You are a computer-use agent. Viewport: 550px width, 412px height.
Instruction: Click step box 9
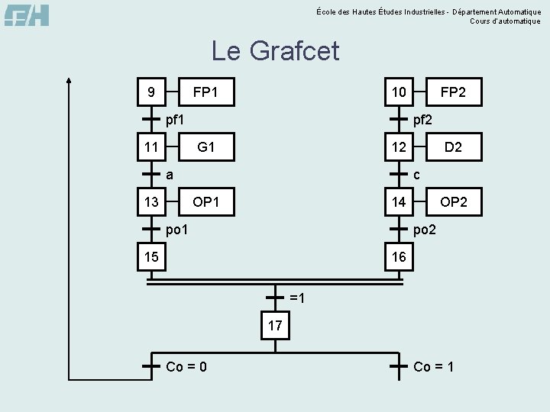point(151,92)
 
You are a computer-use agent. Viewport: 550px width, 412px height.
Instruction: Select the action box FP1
point(205,92)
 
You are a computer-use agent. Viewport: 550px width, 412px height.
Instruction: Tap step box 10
point(399,92)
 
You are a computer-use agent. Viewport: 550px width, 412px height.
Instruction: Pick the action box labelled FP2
point(453,92)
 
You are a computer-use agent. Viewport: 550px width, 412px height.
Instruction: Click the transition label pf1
point(175,119)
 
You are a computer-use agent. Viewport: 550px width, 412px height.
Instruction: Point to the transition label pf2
point(422,119)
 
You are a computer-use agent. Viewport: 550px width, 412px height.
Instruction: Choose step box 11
point(151,146)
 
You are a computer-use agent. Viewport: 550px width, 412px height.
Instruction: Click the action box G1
point(205,146)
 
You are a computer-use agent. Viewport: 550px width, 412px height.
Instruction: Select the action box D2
point(453,146)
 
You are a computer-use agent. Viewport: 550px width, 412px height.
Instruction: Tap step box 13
point(151,201)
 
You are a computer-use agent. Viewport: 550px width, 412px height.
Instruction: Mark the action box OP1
point(205,201)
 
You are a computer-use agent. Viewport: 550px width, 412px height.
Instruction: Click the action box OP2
point(453,201)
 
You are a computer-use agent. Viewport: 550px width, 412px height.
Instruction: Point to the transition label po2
point(425,229)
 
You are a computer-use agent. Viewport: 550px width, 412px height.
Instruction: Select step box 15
point(151,256)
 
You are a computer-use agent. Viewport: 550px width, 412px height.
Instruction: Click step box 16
point(399,256)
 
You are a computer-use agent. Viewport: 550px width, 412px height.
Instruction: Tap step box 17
point(275,326)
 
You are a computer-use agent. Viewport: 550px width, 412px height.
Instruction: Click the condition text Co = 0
point(186,367)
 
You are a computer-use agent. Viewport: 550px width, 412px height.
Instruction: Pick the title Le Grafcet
point(275,51)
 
